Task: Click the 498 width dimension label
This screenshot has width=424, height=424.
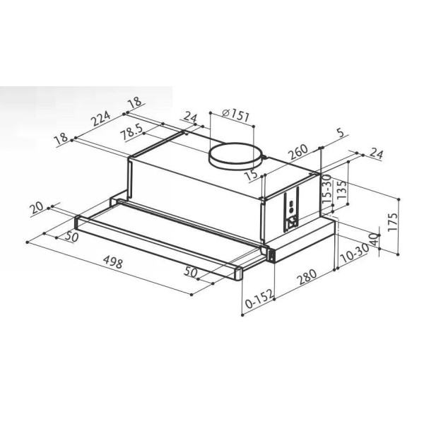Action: [x=113, y=262]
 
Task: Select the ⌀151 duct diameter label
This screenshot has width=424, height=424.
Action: [x=235, y=115]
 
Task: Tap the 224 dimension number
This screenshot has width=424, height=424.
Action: [x=101, y=119]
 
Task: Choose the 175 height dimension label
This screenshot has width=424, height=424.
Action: [x=393, y=221]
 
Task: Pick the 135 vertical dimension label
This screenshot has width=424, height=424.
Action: [x=341, y=189]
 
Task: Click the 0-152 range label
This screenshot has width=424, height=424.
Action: [x=259, y=299]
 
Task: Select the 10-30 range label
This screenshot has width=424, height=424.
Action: [x=354, y=253]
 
